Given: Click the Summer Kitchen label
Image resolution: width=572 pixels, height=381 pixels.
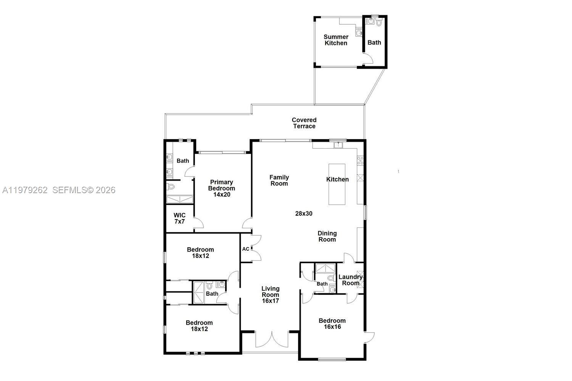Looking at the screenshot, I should (x=336, y=40).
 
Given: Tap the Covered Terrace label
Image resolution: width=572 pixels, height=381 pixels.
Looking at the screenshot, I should (x=304, y=123).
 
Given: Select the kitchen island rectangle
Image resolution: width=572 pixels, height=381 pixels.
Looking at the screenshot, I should (x=337, y=184).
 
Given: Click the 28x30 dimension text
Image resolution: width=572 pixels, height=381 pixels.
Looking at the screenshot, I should (x=304, y=213).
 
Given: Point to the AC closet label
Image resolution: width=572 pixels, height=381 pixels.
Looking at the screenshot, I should (x=246, y=249).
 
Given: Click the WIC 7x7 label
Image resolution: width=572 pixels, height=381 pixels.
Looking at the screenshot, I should (x=179, y=218).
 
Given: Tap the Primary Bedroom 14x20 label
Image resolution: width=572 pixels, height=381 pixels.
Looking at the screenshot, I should (x=221, y=188).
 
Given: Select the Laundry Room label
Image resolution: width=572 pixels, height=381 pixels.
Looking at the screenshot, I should (x=350, y=280).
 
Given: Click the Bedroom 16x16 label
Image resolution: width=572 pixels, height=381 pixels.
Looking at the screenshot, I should (x=332, y=324).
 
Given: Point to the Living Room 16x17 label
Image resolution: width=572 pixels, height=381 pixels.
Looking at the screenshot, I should (x=270, y=295).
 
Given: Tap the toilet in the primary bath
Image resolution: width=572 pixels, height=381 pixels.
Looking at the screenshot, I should (x=171, y=187).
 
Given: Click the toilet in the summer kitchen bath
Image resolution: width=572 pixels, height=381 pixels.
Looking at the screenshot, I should (x=379, y=23).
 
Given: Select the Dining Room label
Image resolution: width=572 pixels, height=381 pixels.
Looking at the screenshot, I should (x=327, y=236).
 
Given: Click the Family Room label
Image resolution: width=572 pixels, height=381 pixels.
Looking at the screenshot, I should (x=279, y=180).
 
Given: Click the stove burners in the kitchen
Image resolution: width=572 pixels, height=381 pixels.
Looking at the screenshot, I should (x=360, y=161).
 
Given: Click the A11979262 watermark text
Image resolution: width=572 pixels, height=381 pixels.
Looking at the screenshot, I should (x=25, y=190).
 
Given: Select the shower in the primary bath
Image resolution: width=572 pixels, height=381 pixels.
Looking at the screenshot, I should (x=180, y=199).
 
